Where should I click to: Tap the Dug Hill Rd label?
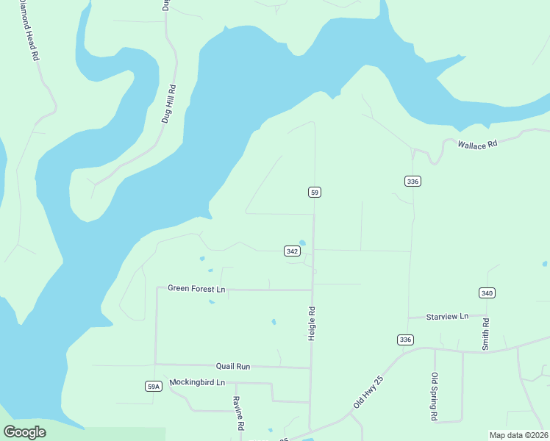pyautogui.click(x=168, y=103)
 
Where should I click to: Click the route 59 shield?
pyautogui.click(x=314, y=192)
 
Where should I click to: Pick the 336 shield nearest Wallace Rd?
pyautogui.click(x=413, y=181)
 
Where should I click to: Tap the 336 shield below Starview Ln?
pyautogui.click(x=404, y=340)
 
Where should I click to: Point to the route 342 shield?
pyautogui.click(x=292, y=251)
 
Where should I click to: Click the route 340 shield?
pyautogui.click(x=487, y=293)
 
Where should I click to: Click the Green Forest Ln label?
pyautogui.click(x=196, y=290)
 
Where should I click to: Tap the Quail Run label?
pyautogui.click(x=233, y=366)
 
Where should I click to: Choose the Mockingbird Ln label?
pyautogui.click(x=197, y=382)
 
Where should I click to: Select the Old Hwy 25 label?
pyautogui.click(x=368, y=392)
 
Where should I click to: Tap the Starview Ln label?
pyautogui.click(x=447, y=317)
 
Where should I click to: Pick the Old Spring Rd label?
pyautogui.click(x=435, y=398)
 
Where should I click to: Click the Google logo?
pyautogui.click(x=24, y=431)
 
